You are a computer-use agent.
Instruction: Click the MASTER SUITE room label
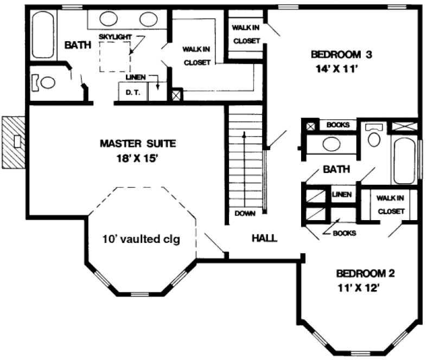(138, 144)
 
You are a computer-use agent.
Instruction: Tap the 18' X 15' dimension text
(138, 158)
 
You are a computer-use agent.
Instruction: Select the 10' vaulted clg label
(141, 239)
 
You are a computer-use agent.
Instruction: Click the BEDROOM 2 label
(365, 273)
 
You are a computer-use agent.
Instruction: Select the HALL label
(265, 238)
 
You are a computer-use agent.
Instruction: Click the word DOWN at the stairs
(245, 213)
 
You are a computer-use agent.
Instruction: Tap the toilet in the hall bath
(374, 136)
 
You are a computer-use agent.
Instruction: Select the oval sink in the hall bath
(331, 144)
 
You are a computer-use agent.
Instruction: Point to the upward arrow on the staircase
(245, 163)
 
